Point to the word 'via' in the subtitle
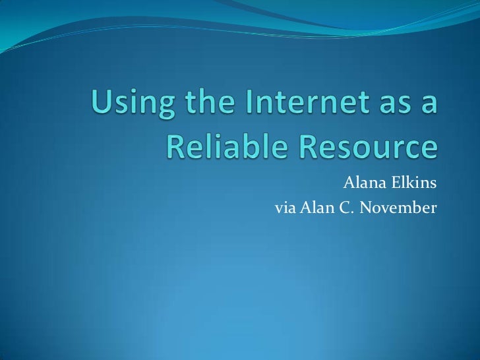pos(285,210)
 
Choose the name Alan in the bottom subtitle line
pos(315,209)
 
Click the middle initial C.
pos(342,209)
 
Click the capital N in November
pos(361,209)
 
